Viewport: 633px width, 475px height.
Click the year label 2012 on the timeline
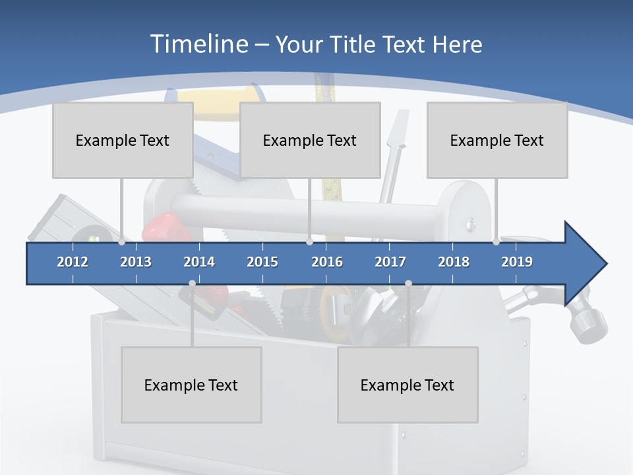[x=73, y=262]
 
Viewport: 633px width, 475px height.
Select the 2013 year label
[x=136, y=262]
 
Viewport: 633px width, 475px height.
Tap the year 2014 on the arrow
[x=199, y=262]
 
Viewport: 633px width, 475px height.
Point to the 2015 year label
[x=262, y=262]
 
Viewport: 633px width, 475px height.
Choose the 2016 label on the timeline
[x=327, y=262]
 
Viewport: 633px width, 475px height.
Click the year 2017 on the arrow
[x=390, y=262]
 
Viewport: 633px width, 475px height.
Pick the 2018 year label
[x=454, y=262]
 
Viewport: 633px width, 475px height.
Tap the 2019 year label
[x=517, y=262]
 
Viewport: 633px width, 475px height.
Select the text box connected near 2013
[x=123, y=140]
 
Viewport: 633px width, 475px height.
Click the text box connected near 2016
[x=310, y=140]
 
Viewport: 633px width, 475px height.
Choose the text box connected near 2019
[x=497, y=140]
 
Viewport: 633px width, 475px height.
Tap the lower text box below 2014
[x=191, y=385]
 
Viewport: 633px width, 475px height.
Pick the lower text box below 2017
[x=407, y=385]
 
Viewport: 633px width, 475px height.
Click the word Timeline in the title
[x=198, y=44]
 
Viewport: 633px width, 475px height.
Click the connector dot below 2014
[x=192, y=284]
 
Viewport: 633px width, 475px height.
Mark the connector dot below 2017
[x=408, y=284]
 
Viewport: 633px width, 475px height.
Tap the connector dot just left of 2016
[x=309, y=242]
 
